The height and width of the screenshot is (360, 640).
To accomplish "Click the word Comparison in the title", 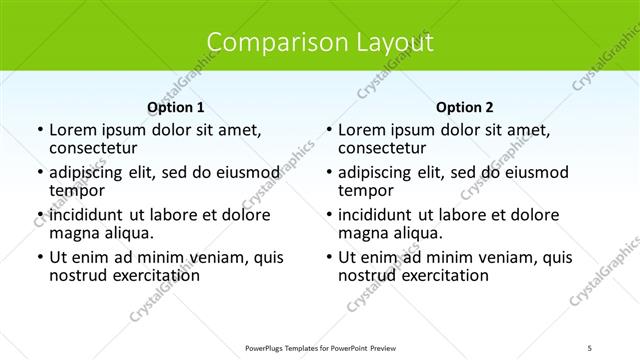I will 265,43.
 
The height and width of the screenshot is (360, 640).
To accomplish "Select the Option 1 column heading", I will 176,107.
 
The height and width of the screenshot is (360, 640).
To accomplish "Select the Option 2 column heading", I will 465,107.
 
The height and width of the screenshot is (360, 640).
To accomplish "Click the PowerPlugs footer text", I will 319,348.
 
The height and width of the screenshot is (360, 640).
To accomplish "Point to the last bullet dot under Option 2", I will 329,258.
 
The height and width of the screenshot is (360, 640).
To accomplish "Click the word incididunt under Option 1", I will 88,215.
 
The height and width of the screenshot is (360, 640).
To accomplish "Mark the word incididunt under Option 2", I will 377,215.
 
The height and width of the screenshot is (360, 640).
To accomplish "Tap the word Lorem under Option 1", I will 72,130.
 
